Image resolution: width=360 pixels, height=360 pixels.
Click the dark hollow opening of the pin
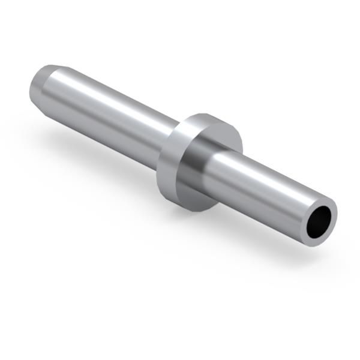coord(320,222)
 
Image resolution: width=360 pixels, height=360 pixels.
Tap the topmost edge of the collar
coord(207,114)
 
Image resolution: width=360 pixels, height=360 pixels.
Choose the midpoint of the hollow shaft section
coord(264,189)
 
